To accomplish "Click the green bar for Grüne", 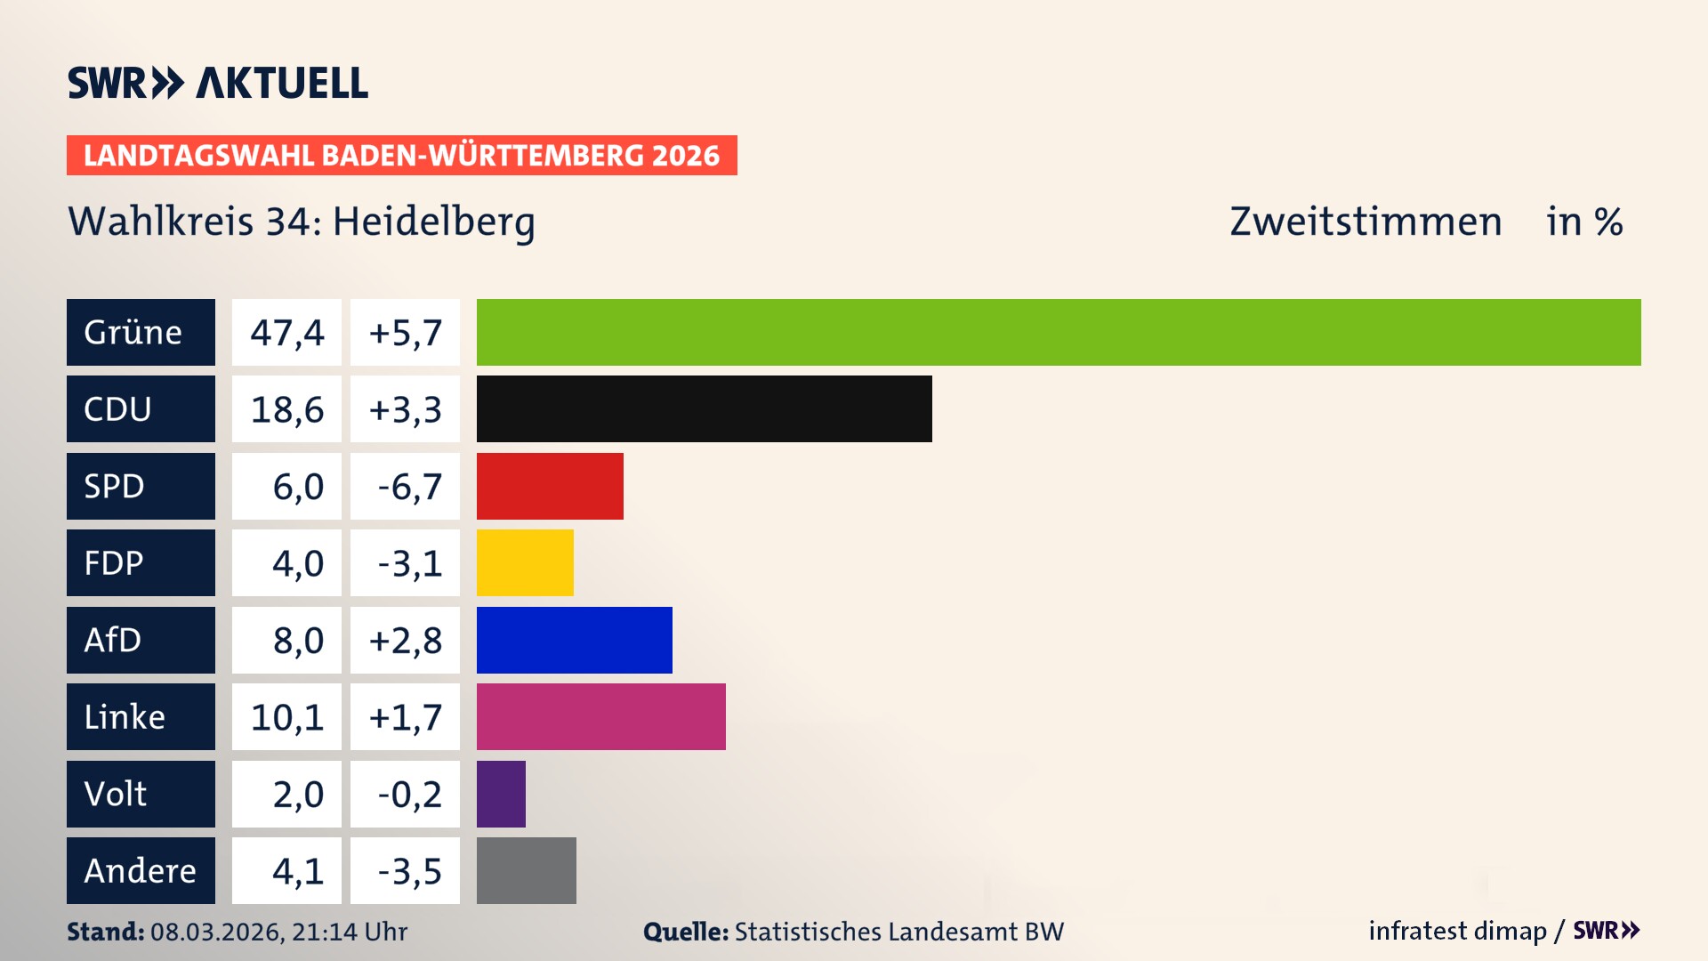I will [x=1059, y=332].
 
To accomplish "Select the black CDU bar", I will [x=704, y=409].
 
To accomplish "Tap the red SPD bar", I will [x=550, y=486].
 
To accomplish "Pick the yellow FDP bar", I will [x=525, y=562].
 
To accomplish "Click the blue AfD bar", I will [x=574, y=640].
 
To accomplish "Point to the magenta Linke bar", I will [x=600, y=716].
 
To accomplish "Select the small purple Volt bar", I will [x=501, y=794].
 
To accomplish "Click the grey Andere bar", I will [x=526, y=870].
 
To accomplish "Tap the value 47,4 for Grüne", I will [x=286, y=333].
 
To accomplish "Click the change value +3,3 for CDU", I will [x=405, y=409].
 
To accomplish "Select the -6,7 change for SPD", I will [x=409, y=487].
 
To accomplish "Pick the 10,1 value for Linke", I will [x=286, y=717].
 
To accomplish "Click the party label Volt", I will [x=116, y=794].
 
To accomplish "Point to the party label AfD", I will [x=113, y=640].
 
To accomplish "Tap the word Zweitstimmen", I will [x=1365, y=222].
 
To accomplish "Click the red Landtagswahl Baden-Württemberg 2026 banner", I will [x=401, y=156].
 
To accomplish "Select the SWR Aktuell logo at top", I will [x=217, y=83].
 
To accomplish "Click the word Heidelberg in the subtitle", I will [x=433, y=222].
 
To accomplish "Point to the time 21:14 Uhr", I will [x=349, y=932].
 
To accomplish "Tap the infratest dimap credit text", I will [x=1456, y=931].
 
